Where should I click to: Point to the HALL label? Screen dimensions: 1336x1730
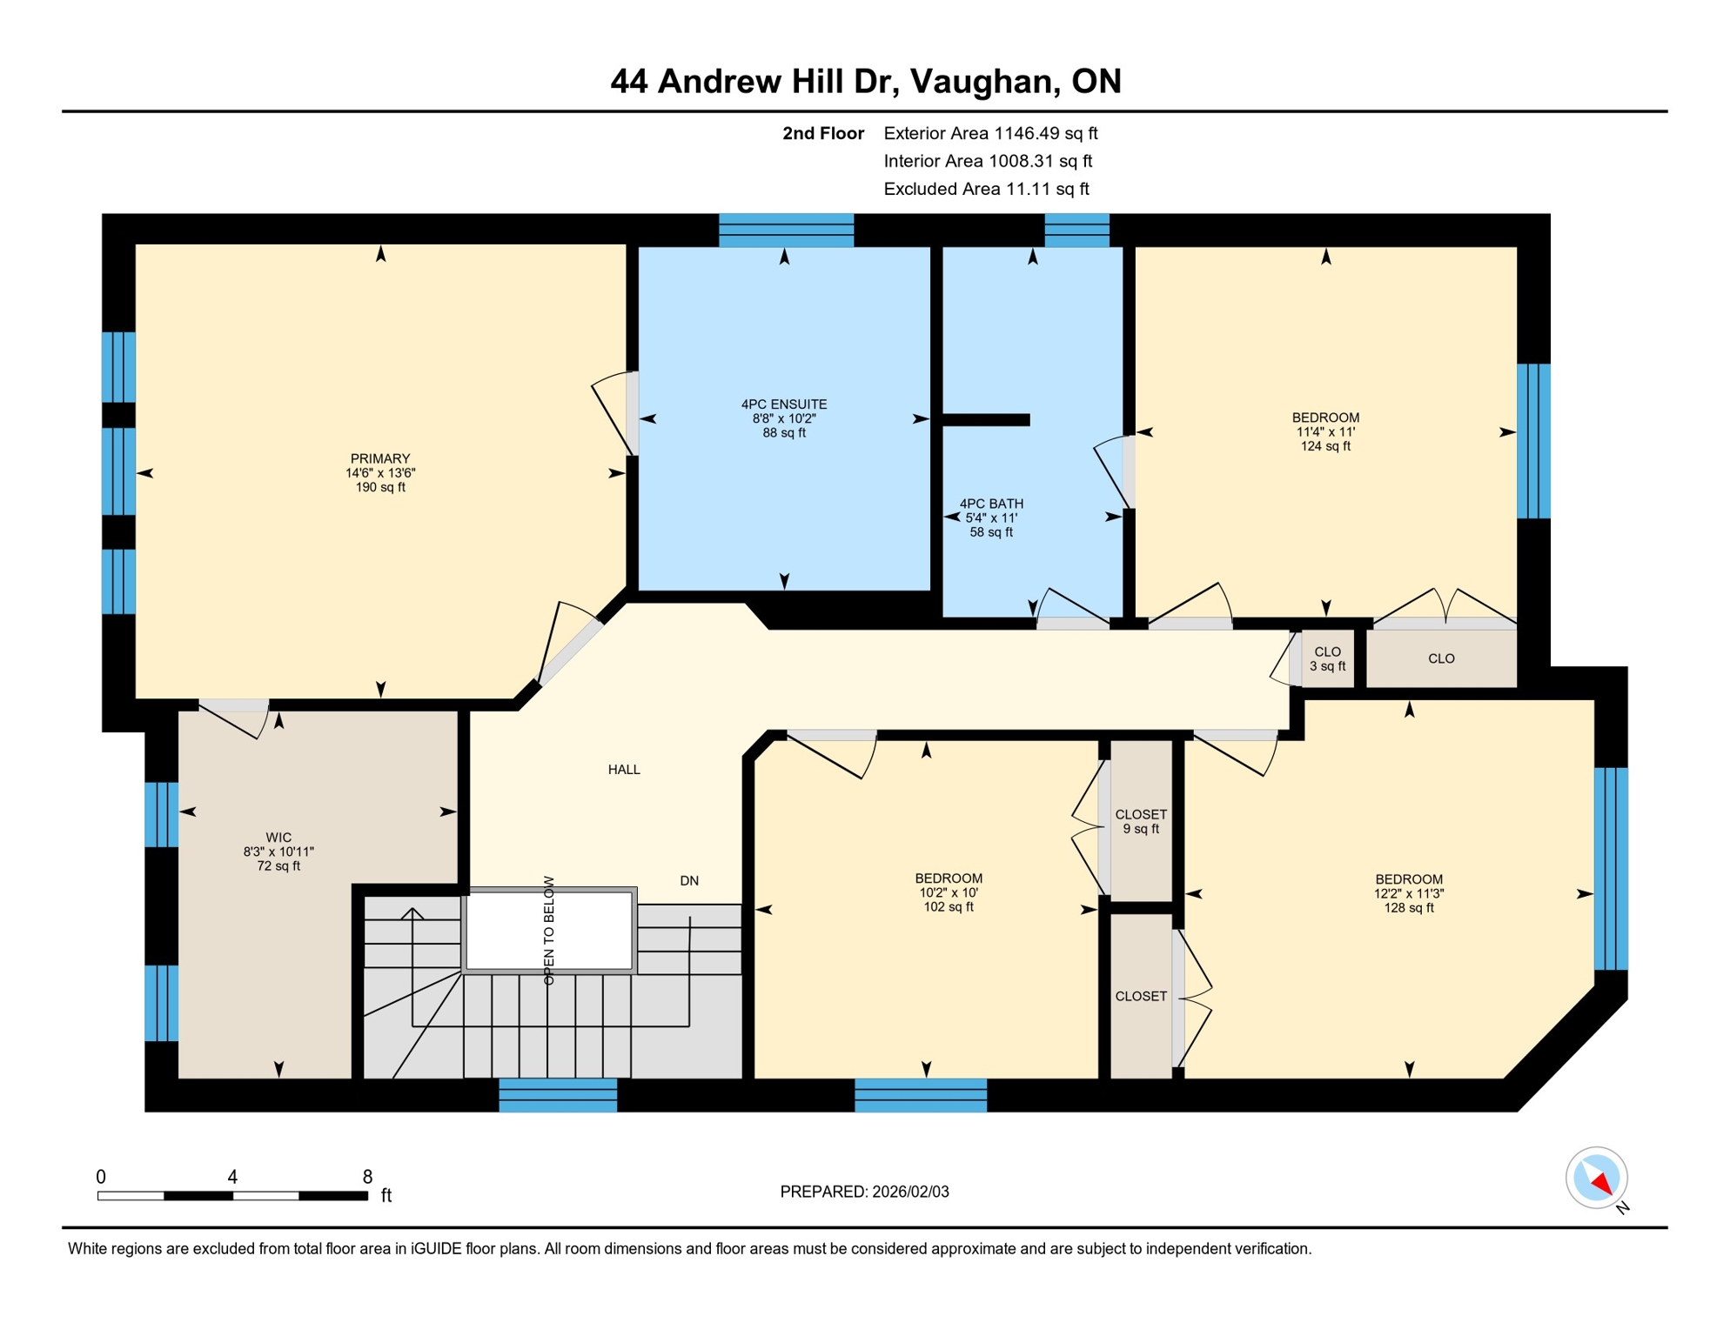(x=624, y=770)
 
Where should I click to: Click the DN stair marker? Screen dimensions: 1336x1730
(x=689, y=881)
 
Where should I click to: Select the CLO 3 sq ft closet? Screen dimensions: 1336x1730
(x=1327, y=659)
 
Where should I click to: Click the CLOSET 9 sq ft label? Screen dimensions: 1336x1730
(x=1141, y=821)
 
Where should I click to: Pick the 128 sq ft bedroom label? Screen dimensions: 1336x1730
(x=1409, y=893)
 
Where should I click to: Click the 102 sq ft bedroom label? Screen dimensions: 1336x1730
(x=949, y=892)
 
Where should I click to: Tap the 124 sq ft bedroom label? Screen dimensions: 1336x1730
(x=1325, y=431)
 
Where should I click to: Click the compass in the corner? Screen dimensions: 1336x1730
(x=1597, y=1178)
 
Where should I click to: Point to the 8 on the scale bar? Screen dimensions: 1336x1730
(x=367, y=1177)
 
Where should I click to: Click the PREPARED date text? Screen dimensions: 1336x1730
(x=864, y=1192)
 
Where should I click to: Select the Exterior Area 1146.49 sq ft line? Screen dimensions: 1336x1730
(x=990, y=133)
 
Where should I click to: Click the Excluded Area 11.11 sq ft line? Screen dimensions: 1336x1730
(x=986, y=189)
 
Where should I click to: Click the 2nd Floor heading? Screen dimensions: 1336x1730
(x=822, y=133)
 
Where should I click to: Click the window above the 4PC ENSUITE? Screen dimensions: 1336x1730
(x=786, y=230)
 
